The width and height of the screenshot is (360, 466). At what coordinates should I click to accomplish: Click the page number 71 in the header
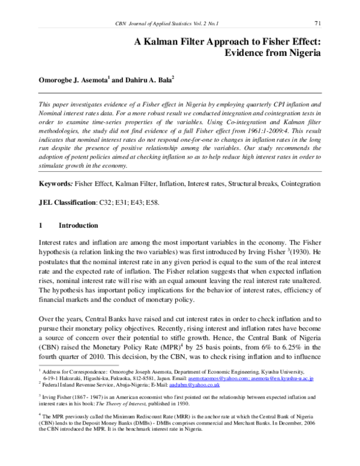(x=319, y=23)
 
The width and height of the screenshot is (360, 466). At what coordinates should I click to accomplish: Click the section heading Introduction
(x=77, y=226)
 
